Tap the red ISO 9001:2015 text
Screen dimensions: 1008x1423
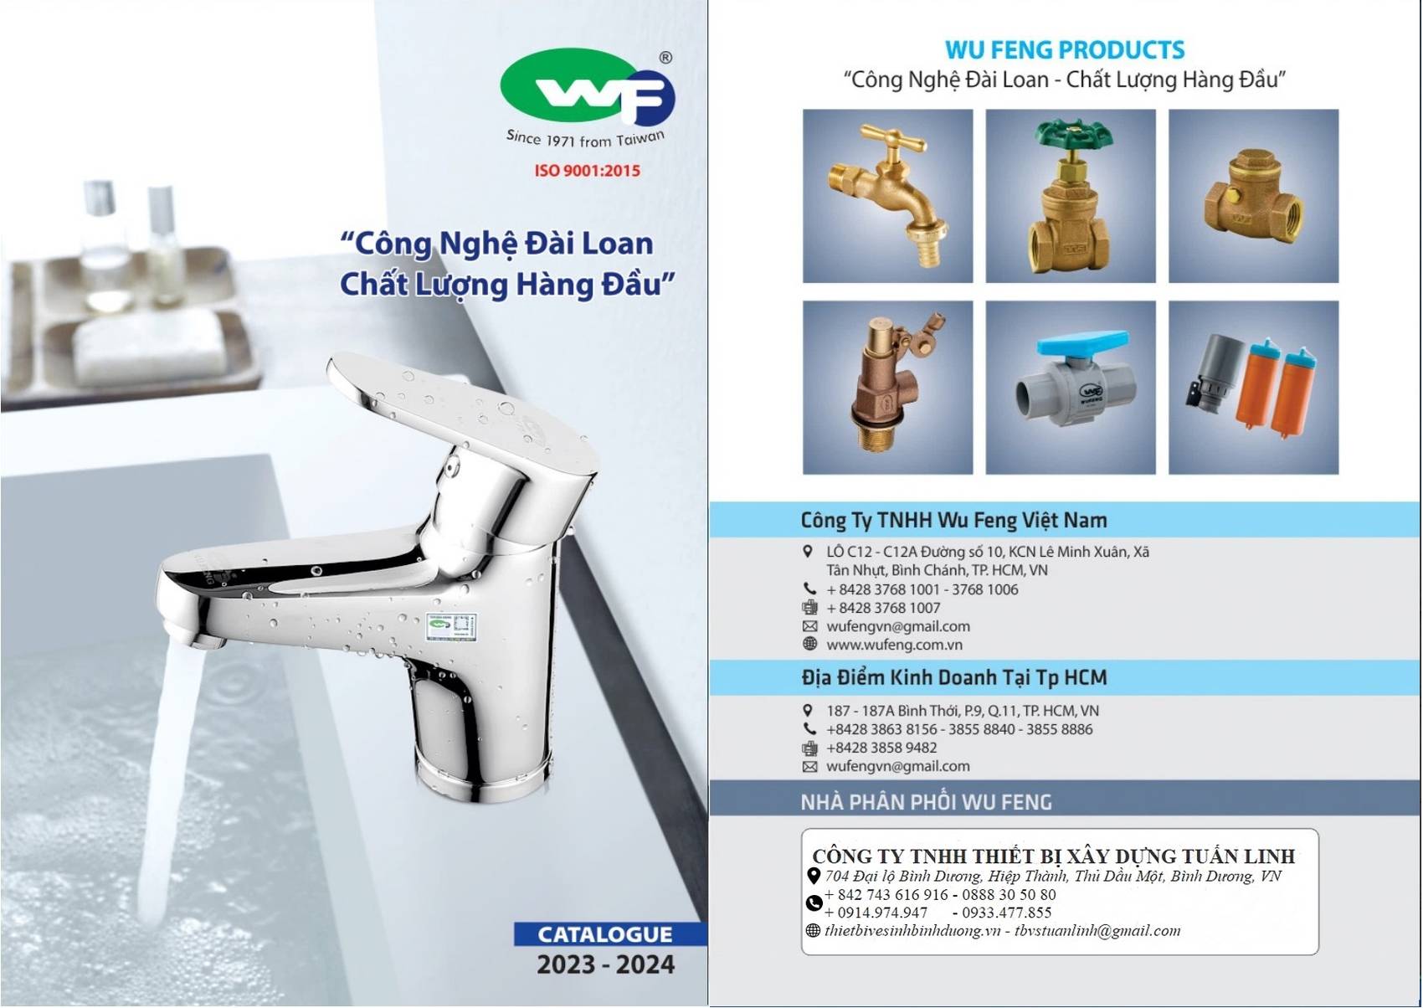(587, 171)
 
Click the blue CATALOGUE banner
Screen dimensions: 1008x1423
(604, 934)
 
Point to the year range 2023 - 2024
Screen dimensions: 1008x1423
(605, 964)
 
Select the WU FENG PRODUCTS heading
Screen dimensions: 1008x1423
(1064, 50)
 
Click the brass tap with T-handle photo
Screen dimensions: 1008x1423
(887, 196)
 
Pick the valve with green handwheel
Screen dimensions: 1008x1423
(1070, 196)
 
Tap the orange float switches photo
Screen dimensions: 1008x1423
(1253, 387)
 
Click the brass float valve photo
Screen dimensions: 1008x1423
(887, 387)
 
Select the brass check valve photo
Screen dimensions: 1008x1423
(1253, 196)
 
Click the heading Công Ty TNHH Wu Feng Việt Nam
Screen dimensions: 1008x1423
(953, 521)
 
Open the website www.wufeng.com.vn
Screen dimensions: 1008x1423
(894, 645)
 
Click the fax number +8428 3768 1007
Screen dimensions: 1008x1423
(883, 608)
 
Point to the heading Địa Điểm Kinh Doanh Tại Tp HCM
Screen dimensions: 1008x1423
(953, 677)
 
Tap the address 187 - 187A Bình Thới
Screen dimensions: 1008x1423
(963, 711)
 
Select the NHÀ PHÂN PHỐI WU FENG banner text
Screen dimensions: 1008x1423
(926, 802)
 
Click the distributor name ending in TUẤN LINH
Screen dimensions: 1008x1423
(1053, 856)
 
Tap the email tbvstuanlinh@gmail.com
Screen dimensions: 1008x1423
(1097, 931)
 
